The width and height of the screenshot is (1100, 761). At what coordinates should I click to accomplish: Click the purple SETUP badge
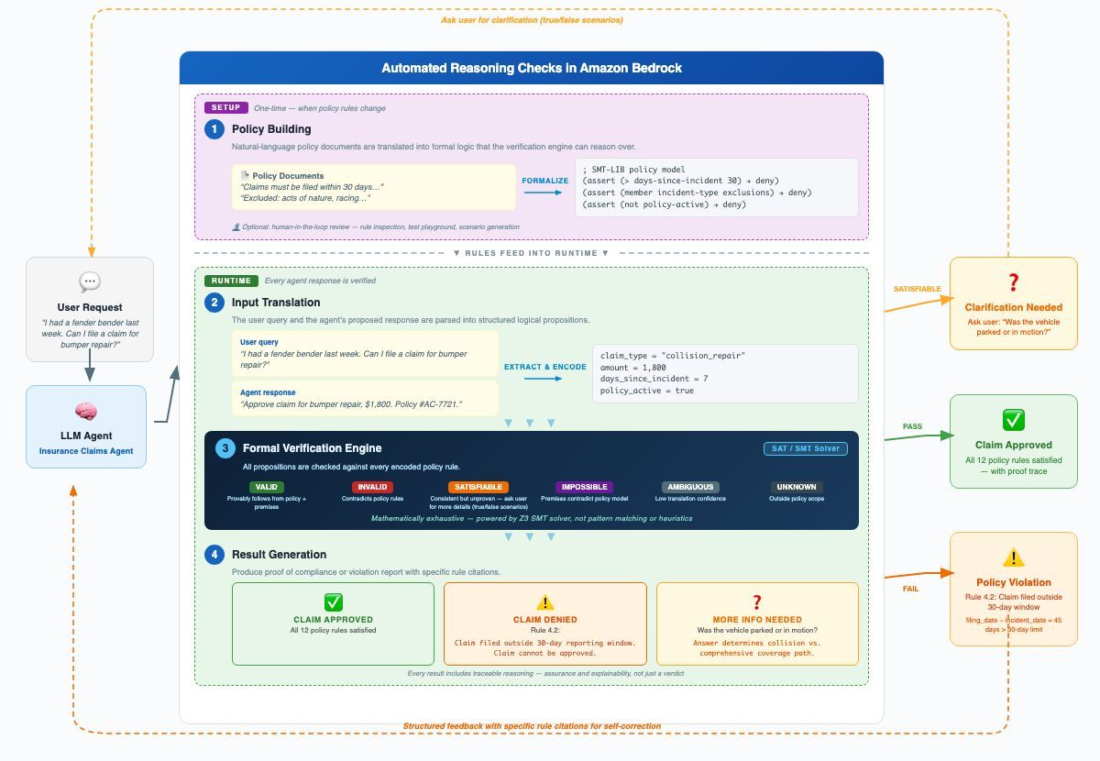point(225,107)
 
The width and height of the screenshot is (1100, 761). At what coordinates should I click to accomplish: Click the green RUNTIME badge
point(231,281)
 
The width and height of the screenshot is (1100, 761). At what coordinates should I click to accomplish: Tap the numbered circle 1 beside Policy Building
point(214,129)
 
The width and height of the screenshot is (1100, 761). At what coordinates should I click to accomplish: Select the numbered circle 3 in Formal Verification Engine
point(225,448)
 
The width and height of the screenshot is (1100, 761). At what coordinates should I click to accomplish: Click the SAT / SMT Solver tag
point(806,448)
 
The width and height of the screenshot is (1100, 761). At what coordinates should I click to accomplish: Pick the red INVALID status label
point(372,487)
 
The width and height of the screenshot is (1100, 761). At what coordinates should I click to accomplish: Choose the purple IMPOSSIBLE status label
point(583,487)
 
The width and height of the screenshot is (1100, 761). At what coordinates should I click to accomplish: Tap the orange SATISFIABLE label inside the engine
point(478,487)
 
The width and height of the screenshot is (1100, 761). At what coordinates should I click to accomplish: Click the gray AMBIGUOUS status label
point(690,487)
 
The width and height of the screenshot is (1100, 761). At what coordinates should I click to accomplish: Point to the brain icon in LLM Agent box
point(86,412)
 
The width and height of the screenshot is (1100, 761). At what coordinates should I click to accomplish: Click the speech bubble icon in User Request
point(90,281)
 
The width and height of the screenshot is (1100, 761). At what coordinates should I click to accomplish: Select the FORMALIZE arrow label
point(545,181)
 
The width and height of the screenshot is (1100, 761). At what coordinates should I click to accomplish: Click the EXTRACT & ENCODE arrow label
point(544,367)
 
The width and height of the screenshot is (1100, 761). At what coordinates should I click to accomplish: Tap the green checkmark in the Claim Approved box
point(1013,420)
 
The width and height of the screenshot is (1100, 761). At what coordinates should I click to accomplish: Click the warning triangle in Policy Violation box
point(1013,557)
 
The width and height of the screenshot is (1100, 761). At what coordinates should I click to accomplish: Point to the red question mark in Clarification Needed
point(1013,282)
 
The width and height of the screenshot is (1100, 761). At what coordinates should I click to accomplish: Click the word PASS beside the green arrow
point(912,426)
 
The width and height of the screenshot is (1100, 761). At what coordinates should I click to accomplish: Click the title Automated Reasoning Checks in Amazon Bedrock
point(532,68)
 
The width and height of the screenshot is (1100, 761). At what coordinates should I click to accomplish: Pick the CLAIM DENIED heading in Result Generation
point(545,620)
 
